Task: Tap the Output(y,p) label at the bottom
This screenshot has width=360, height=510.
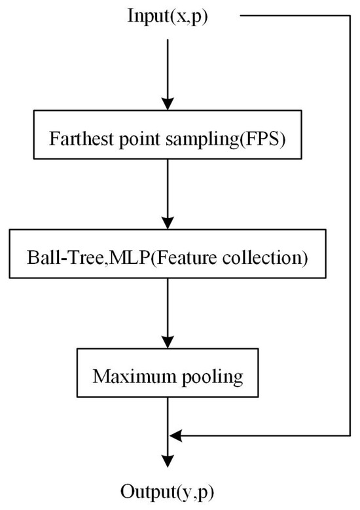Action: point(168,491)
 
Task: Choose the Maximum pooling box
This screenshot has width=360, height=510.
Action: point(168,376)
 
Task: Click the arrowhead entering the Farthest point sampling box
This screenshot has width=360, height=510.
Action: point(168,104)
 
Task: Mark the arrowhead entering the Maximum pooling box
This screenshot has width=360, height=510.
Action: point(168,344)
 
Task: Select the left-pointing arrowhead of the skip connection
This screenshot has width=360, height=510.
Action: point(175,433)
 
